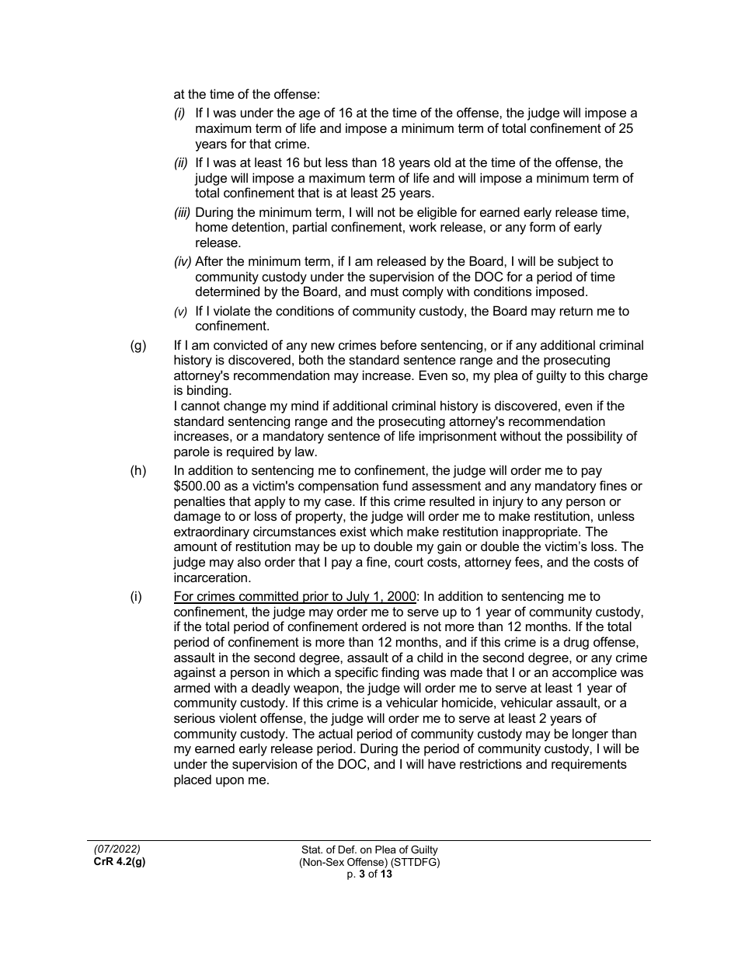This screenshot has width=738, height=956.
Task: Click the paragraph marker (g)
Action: [x=138, y=346]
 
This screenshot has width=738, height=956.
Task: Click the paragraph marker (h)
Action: [x=138, y=471]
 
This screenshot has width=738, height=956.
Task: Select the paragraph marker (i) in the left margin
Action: [x=136, y=597]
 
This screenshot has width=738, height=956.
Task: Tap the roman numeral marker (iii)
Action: [x=182, y=212]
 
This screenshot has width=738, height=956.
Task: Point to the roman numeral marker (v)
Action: [x=180, y=312]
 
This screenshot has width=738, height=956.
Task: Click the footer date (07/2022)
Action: [x=117, y=850]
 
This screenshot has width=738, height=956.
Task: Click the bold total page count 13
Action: [x=386, y=874]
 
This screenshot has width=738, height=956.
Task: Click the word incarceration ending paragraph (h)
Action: [x=211, y=578]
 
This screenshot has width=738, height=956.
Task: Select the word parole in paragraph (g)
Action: [x=191, y=452]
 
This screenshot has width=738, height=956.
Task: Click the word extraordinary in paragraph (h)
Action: [x=218, y=532]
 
